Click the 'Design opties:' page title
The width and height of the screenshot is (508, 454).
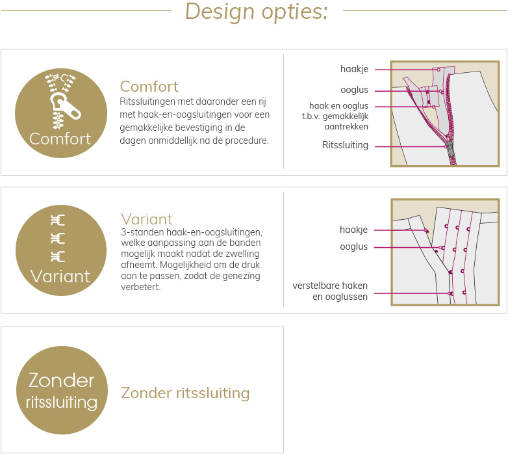[x=256, y=12]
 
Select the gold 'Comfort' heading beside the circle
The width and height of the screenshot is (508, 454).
[x=149, y=87]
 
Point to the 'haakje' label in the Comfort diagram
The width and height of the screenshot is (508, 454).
[x=354, y=69]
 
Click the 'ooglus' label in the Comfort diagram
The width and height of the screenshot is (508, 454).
[x=355, y=90]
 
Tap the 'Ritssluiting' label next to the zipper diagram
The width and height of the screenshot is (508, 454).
[x=345, y=145]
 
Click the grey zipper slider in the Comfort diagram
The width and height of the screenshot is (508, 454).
[x=450, y=147]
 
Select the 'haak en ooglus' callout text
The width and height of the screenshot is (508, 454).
[x=338, y=106]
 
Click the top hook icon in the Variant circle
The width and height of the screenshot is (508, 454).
[x=58, y=220]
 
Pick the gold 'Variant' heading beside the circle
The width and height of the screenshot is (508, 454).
[x=147, y=219]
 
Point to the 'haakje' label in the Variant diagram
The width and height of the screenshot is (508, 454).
[x=353, y=230]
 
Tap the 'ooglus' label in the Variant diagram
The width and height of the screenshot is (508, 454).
[x=354, y=247]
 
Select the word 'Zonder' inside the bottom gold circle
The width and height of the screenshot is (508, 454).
[x=62, y=380]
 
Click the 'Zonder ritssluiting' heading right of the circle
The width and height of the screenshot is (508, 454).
[x=185, y=393]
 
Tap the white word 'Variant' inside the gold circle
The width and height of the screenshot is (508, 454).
[x=60, y=276]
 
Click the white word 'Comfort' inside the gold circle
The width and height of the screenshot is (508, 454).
[x=60, y=139]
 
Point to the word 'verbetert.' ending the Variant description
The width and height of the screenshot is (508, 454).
[x=140, y=287]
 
